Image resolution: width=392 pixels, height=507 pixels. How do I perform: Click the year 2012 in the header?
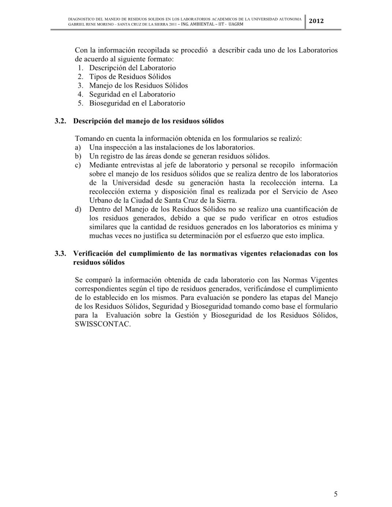point(316,21)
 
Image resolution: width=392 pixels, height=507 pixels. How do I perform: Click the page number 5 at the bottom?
point(336,494)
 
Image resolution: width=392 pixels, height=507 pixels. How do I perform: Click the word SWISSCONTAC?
point(102,324)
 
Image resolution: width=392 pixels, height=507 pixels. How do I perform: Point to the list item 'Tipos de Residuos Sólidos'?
point(130,77)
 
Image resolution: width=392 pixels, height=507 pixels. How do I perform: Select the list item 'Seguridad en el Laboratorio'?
point(132,94)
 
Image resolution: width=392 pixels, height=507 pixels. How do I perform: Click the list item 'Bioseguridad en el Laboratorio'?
point(137,103)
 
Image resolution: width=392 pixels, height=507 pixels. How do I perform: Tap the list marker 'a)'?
point(78,147)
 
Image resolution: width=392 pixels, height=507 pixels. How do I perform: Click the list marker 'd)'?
point(78,209)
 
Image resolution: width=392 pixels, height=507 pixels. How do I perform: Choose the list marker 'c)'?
point(78,165)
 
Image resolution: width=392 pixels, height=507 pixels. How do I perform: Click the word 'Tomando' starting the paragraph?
point(89,139)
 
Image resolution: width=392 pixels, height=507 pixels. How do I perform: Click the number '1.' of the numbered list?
point(81,68)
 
